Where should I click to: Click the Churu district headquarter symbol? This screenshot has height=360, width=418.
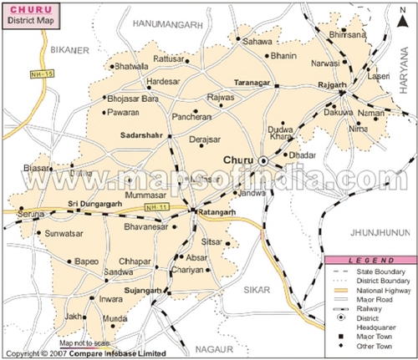pos(263,160)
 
